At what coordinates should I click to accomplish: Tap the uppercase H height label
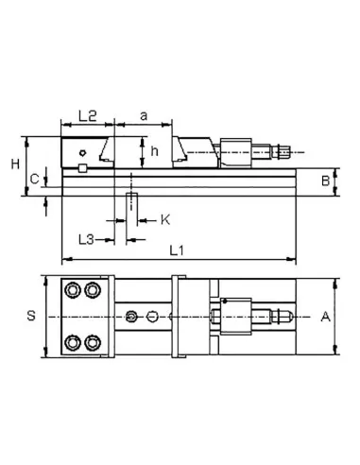[15, 164]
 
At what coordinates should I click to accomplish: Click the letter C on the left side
[34, 177]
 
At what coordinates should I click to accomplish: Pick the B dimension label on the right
[323, 179]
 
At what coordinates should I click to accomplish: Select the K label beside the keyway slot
[164, 219]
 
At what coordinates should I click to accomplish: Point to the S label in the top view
[31, 317]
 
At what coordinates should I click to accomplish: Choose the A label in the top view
[325, 317]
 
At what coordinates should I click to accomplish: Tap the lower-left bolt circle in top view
[73, 341]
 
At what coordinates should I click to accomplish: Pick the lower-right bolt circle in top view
[93, 341]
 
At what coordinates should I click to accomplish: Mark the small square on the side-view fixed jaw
[83, 168]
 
